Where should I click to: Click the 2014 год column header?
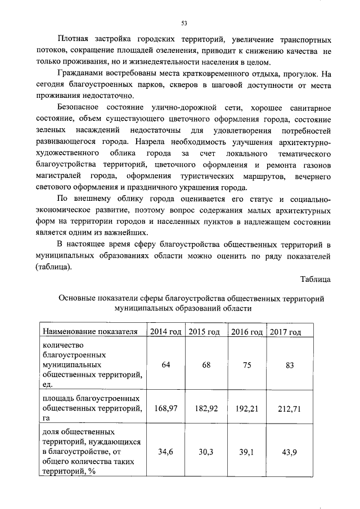pos(165,332)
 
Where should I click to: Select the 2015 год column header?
pos(204,332)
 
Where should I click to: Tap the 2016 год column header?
pos(247,332)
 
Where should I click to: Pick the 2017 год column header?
pos(285,332)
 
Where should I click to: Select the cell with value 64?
pos(166,365)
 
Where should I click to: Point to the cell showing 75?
pos(247,365)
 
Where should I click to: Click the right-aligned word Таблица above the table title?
pos(316,280)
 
